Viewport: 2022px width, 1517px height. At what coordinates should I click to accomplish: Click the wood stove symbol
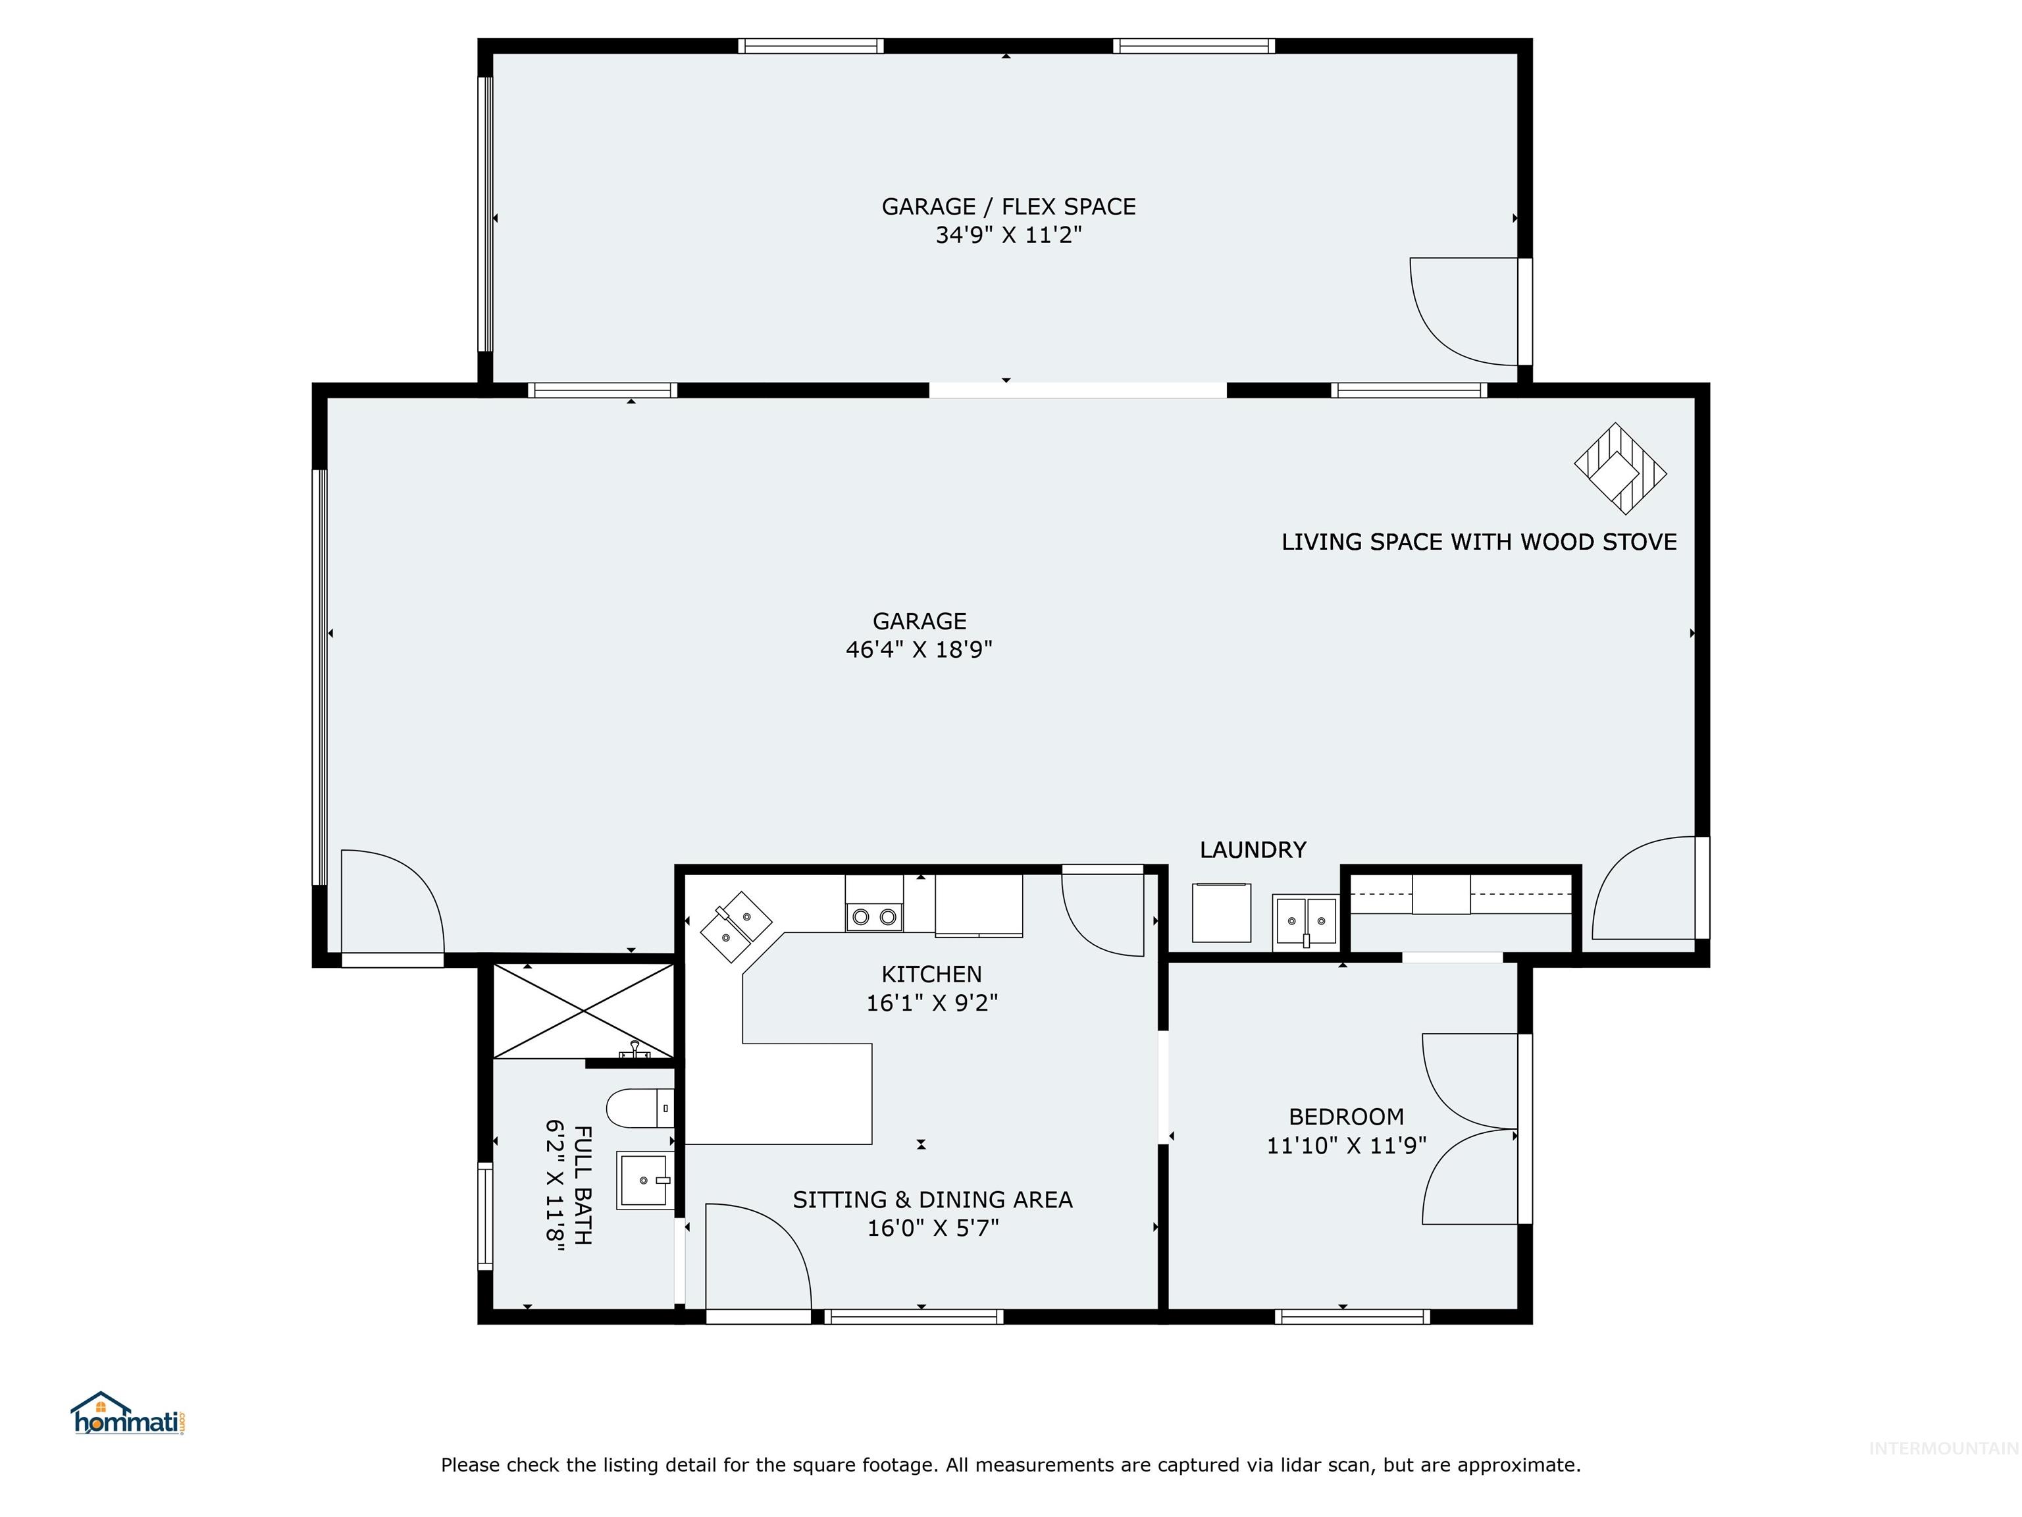pyautogui.click(x=1620, y=468)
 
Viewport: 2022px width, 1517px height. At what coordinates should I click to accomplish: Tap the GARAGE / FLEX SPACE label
pyautogui.click(x=1008, y=207)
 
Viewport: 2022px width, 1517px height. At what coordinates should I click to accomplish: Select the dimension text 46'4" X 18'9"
pyautogui.click(x=919, y=649)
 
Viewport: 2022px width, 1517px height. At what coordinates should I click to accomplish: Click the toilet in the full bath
pyautogui.click(x=640, y=1108)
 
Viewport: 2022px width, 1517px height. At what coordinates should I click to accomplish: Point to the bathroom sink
pyautogui.click(x=645, y=1180)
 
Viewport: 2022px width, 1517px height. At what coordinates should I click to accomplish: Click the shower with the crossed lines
pyautogui.click(x=583, y=1011)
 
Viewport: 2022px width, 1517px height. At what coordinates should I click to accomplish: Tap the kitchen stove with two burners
pyautogui.click(x=874, y=915)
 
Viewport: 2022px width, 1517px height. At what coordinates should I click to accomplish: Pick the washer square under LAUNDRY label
pyautogui.click(x=1221, y=913)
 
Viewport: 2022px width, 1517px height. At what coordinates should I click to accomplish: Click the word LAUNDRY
pyautogui.click(x=1253, y=849)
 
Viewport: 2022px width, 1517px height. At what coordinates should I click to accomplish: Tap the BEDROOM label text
pyautogui.click(x=1345, y=1117)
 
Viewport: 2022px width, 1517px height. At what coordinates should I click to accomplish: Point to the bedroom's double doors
pyautogui.click(x=1470, y=1129)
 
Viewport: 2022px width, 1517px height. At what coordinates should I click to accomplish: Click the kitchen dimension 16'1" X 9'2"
pyautogui.click(x=931, y=1003)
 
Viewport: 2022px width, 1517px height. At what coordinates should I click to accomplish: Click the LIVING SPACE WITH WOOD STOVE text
pyautogui.click(x=1478, y=543)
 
